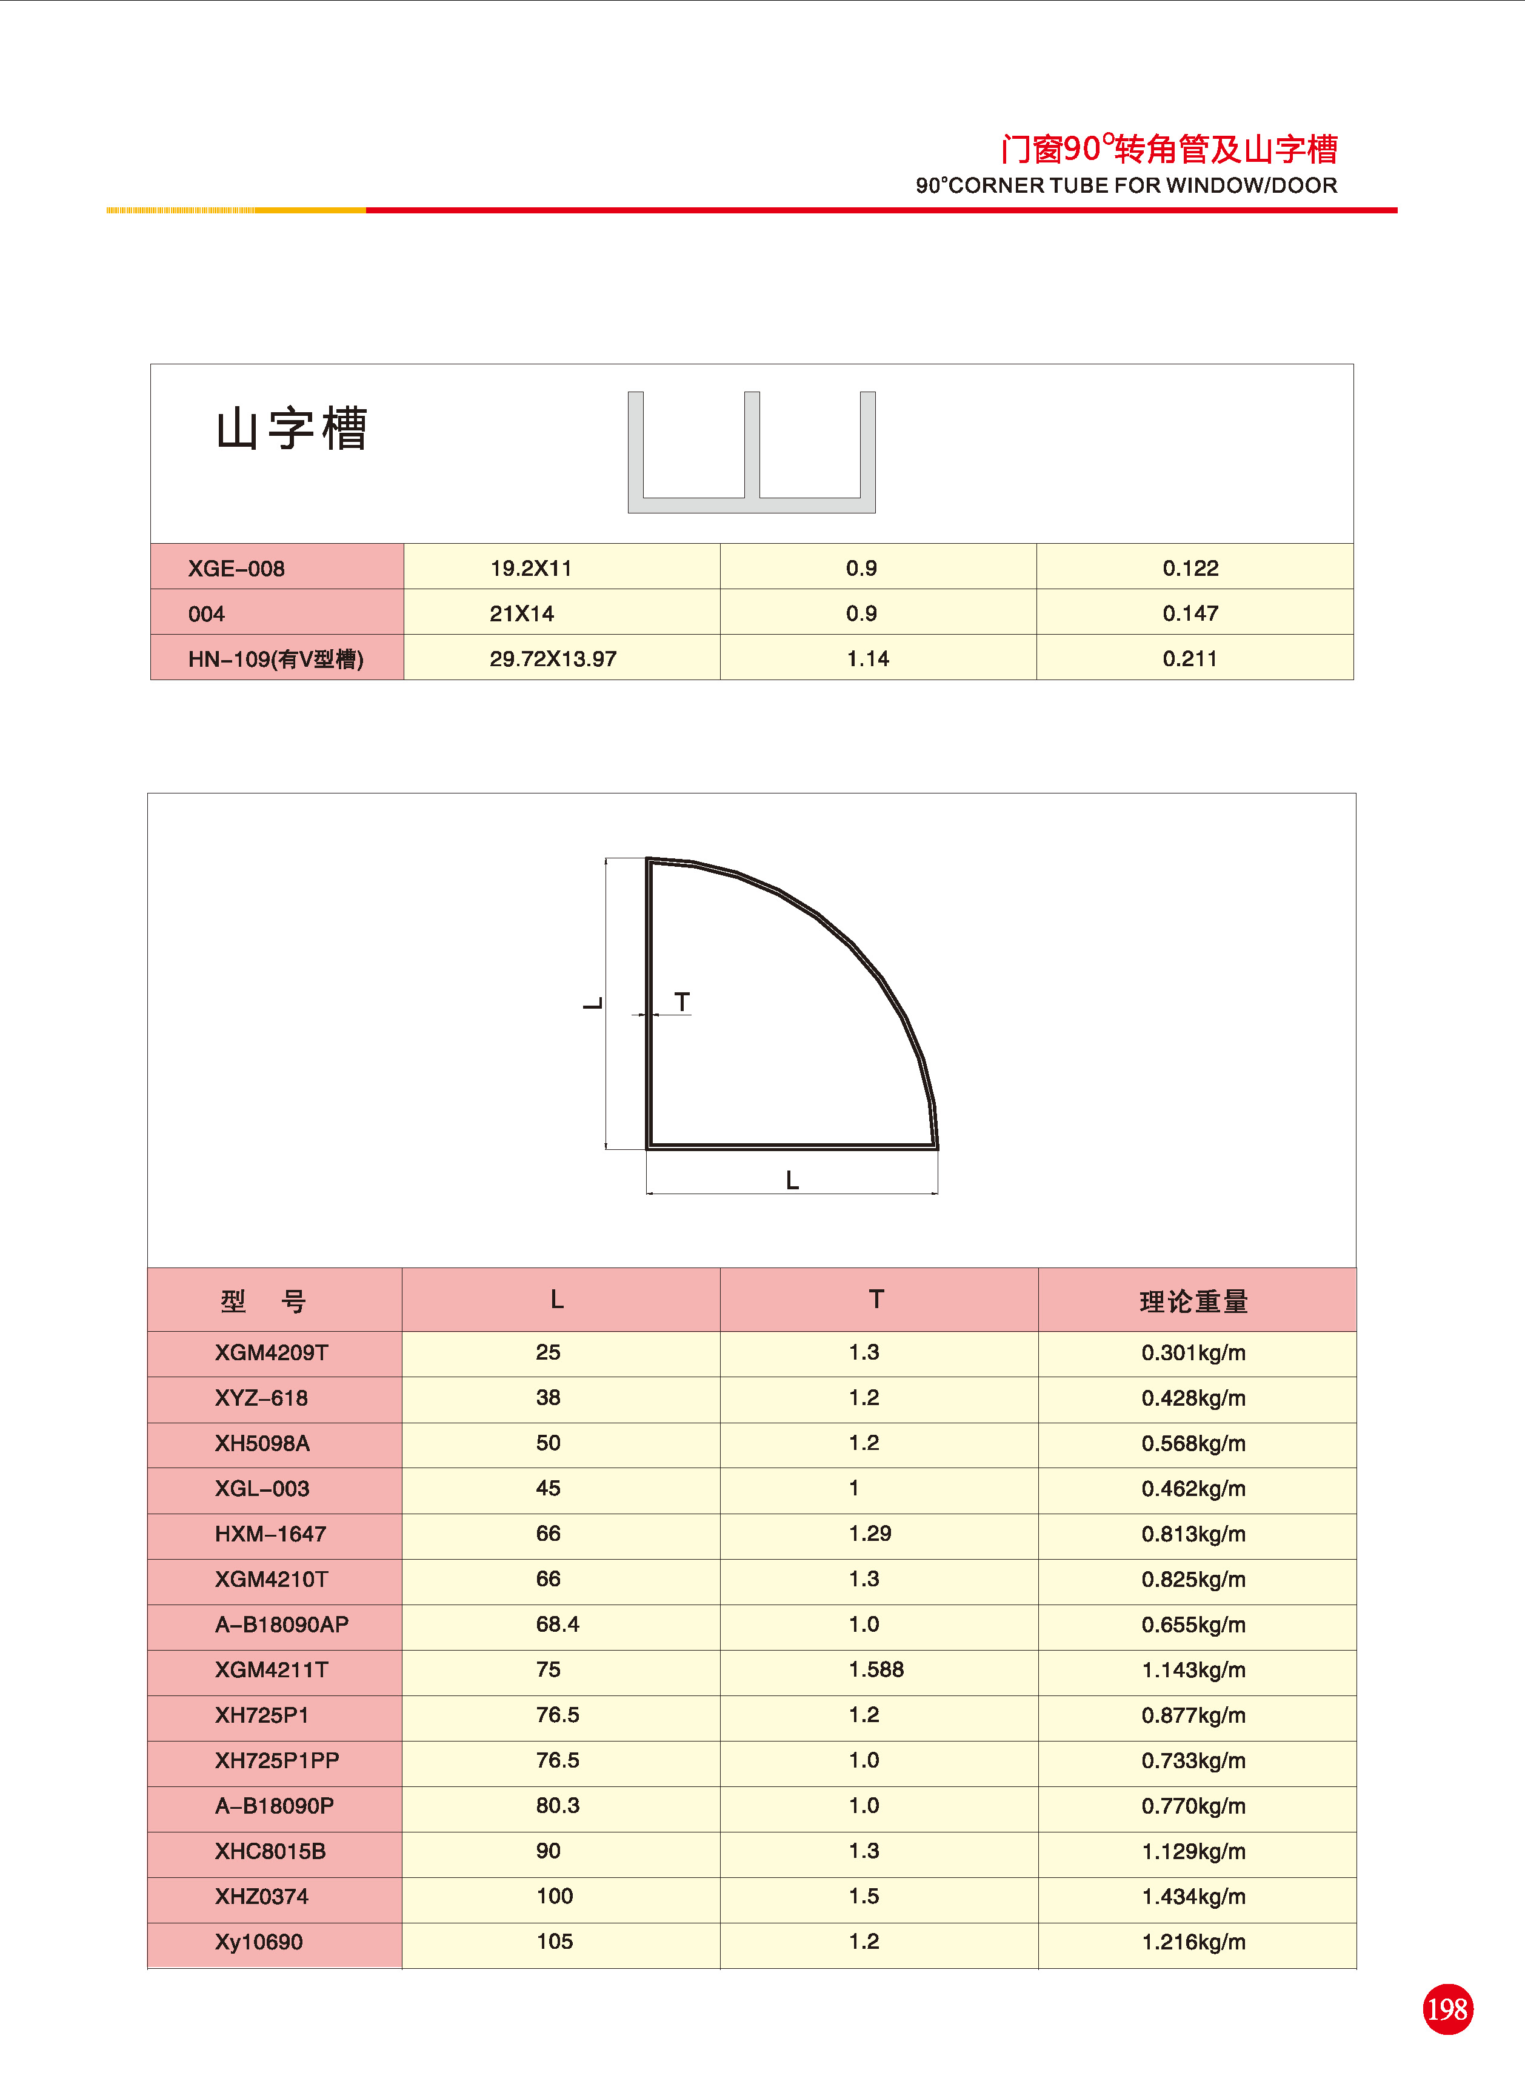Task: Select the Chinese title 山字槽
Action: [x=292, y=429]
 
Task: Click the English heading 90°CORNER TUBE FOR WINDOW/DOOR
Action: [x=1126, y=185]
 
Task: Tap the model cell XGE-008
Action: [x=236, y=569]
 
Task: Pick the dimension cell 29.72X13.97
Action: [x=553, y=659]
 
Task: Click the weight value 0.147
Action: [x=1190, y=614]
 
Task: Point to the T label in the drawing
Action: [x=682, y=1003]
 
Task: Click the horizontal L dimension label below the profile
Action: [x=792, y=1180]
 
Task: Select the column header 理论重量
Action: [x=1193, y=1301]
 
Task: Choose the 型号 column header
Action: [x=263, y=1301]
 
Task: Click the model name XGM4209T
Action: [x=272, y=1353]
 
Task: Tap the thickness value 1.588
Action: [x=876, y=1669]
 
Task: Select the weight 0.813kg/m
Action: [x=1193, y=1534]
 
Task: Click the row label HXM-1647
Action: [x=270, y=1534]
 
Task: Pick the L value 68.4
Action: [x=558, y=1625]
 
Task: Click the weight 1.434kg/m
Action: [x=1193, y=1897]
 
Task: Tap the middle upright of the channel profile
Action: [x=752, y=445]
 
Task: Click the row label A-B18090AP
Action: [x=282, y=1625]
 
